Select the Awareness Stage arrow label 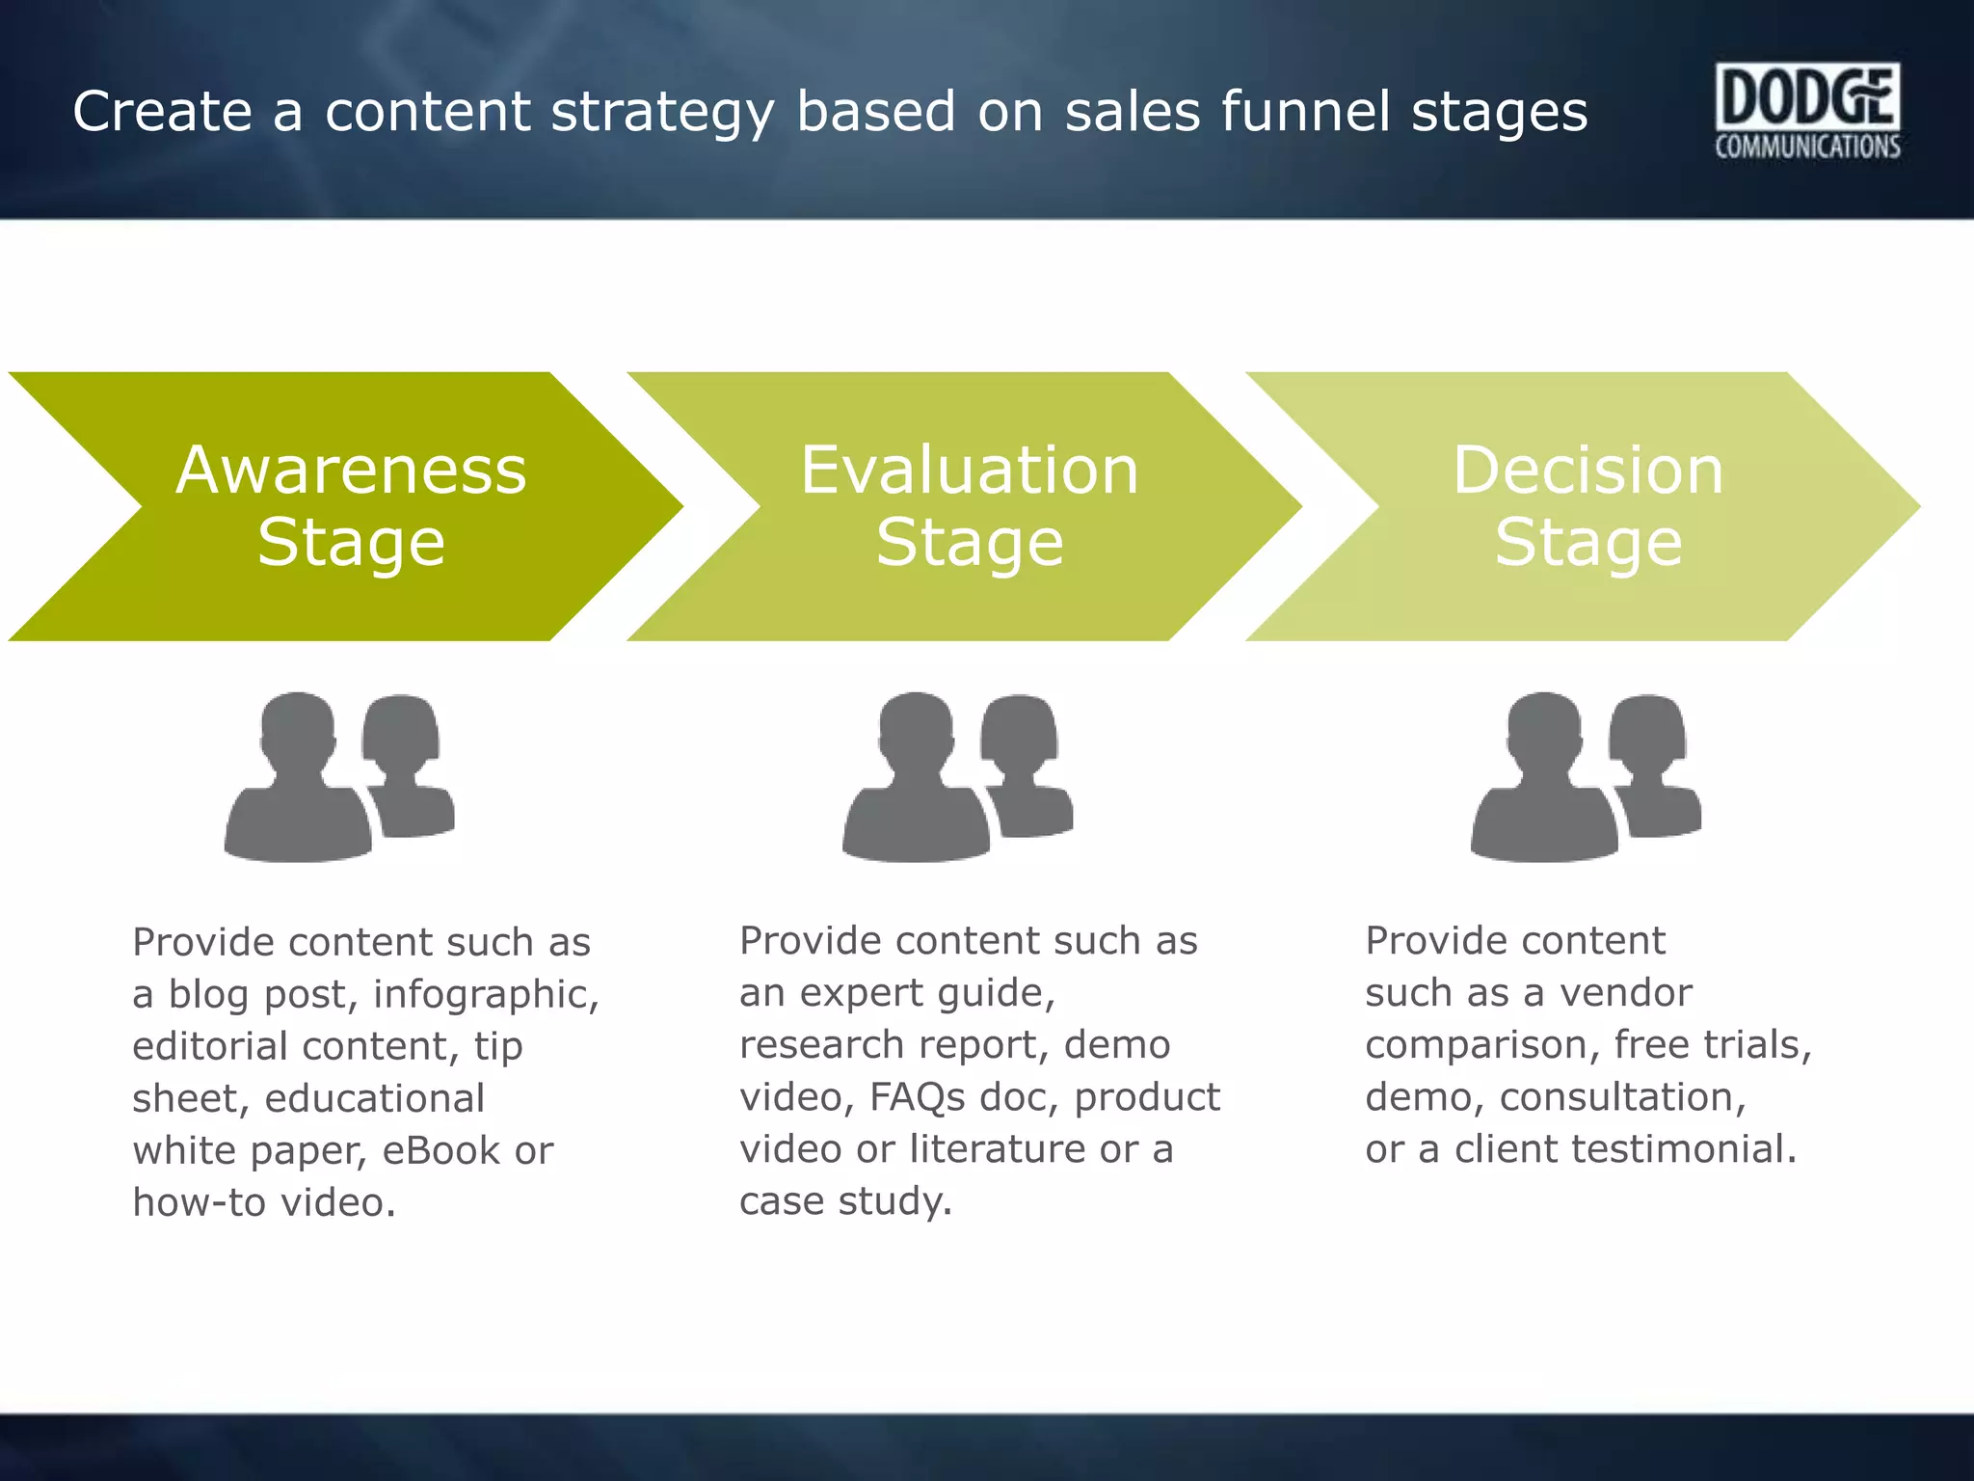[x=351, y=505]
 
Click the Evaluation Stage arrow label [x=970, y=505]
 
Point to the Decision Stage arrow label [x=1587, y=505]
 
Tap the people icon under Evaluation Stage [x=956, y=776]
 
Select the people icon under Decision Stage [x=1585, y=776]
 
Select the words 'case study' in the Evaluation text [x=844, y=1201]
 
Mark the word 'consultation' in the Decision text [x=1622, y=1097]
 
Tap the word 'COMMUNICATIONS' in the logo [x=1807, y=147]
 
